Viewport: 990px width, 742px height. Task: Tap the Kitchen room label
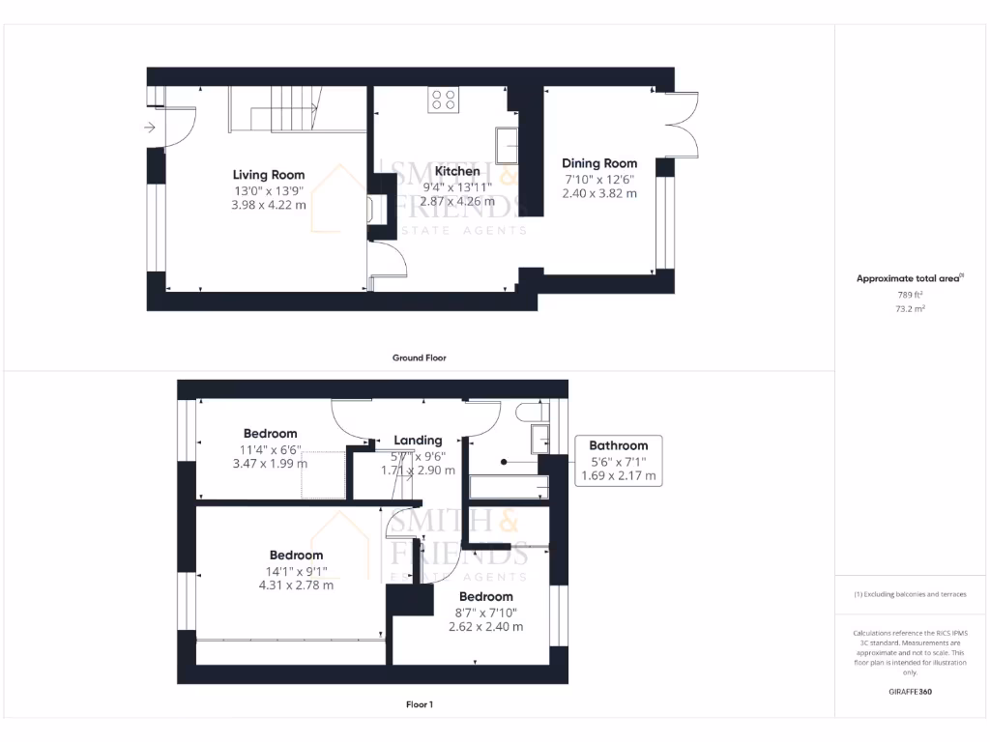tap(457, 171)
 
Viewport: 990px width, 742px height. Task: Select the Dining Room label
tap(599, 163)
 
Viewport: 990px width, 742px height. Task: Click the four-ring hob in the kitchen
tap(444, 100)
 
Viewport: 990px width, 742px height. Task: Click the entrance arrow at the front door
tap(150, 128)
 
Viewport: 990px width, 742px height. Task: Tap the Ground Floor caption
tap(419, 357)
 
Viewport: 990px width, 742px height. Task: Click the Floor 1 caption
tap(419, 704)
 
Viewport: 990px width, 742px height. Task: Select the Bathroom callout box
tap(618, 460)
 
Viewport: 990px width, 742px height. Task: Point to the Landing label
tap(418, 440)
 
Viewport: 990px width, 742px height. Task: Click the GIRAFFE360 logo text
tap(909, 692)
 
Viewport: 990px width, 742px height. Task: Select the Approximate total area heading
tap(909, 278)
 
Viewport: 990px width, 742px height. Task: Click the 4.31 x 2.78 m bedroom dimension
tap(296, 585)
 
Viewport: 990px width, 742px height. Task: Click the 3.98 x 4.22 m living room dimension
tap(269, 205)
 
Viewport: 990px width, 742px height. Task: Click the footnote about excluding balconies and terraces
tap(909, 594)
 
